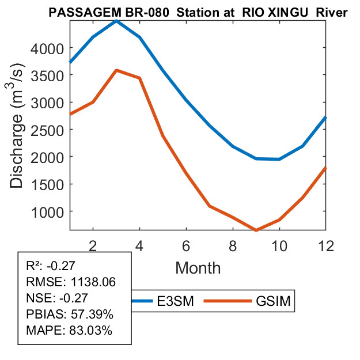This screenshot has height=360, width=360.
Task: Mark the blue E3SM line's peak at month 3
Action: (116, 21)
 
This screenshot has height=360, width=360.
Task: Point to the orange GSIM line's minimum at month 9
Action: (256, 230)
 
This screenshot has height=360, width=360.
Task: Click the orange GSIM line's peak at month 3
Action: (116, 70)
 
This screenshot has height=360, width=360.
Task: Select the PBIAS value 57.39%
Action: (88, 314)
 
